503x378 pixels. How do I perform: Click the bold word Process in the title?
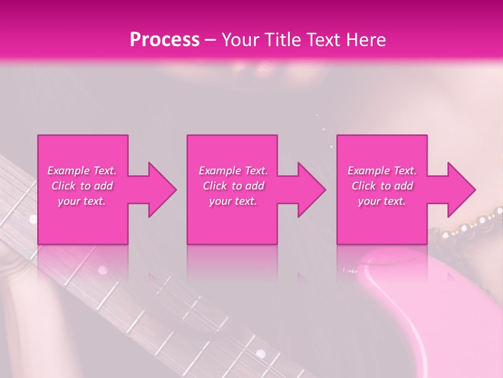pos(165,40)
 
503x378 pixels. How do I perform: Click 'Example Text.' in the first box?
pos(82,171)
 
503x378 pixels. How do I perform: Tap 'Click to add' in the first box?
pos(82,186)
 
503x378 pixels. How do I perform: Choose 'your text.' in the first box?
pos(82,201)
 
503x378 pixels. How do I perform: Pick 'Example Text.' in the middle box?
pos(233,171)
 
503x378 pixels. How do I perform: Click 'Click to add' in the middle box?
pos(233,186)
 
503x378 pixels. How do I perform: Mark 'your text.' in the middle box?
pos(233,201)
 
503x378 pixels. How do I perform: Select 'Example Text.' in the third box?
pos(382,171)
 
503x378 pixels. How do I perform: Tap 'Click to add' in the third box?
pos(382,186)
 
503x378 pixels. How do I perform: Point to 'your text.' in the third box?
pos(382,201)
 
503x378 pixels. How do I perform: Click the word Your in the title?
pos(239,40)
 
